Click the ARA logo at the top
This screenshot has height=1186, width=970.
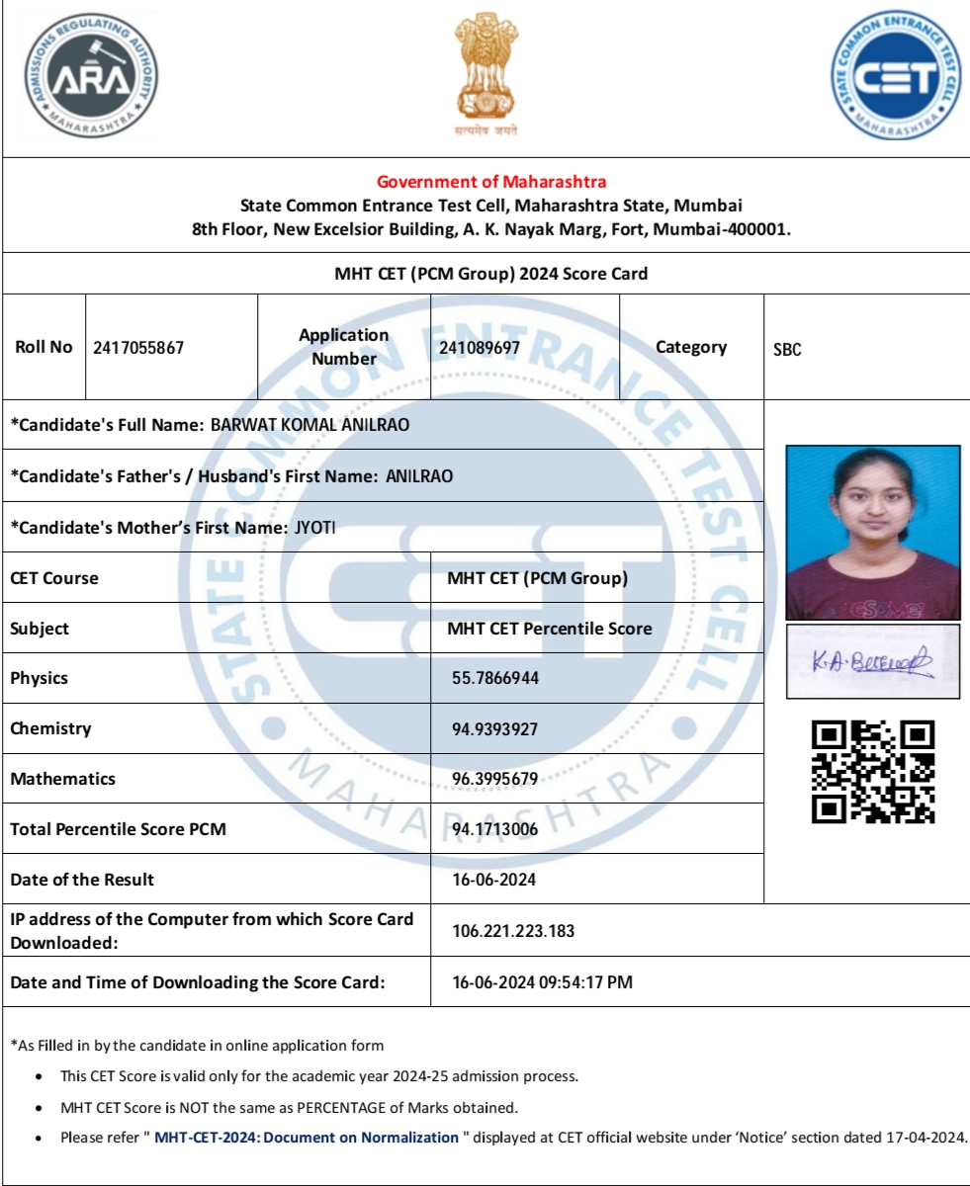[x=89, y=76]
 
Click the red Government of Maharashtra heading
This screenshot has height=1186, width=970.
[x=491, y=182]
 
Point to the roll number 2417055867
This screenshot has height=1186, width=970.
[x=138, y=348]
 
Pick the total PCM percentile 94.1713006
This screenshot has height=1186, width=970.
[x=495, y=829]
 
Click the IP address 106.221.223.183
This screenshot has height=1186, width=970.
[x=513, y=931]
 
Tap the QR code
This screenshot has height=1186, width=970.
[x=872, y=772]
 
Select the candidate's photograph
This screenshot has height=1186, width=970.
[x=873, y=533]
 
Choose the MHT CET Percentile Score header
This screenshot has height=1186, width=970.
[x=550, y=629]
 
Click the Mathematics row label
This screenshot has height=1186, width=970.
[x=62, y=779]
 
